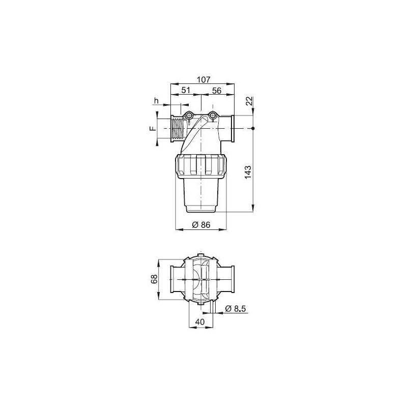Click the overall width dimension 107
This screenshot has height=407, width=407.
click(203, 79)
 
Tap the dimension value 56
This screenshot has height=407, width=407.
click(217, 91)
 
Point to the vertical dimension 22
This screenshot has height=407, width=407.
click(249, 101)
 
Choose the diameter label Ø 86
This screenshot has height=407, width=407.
click(201, 225)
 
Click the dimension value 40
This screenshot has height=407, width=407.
click(199, 322)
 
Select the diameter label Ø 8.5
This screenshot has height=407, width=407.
click(235, 308)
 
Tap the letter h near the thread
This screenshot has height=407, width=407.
click(158, 101)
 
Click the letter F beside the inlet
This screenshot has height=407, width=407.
click(152, 129)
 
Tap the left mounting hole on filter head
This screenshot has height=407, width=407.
click(189, 116)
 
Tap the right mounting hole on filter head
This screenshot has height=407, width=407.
click(213, 116)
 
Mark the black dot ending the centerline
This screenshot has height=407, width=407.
click(252, 129)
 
